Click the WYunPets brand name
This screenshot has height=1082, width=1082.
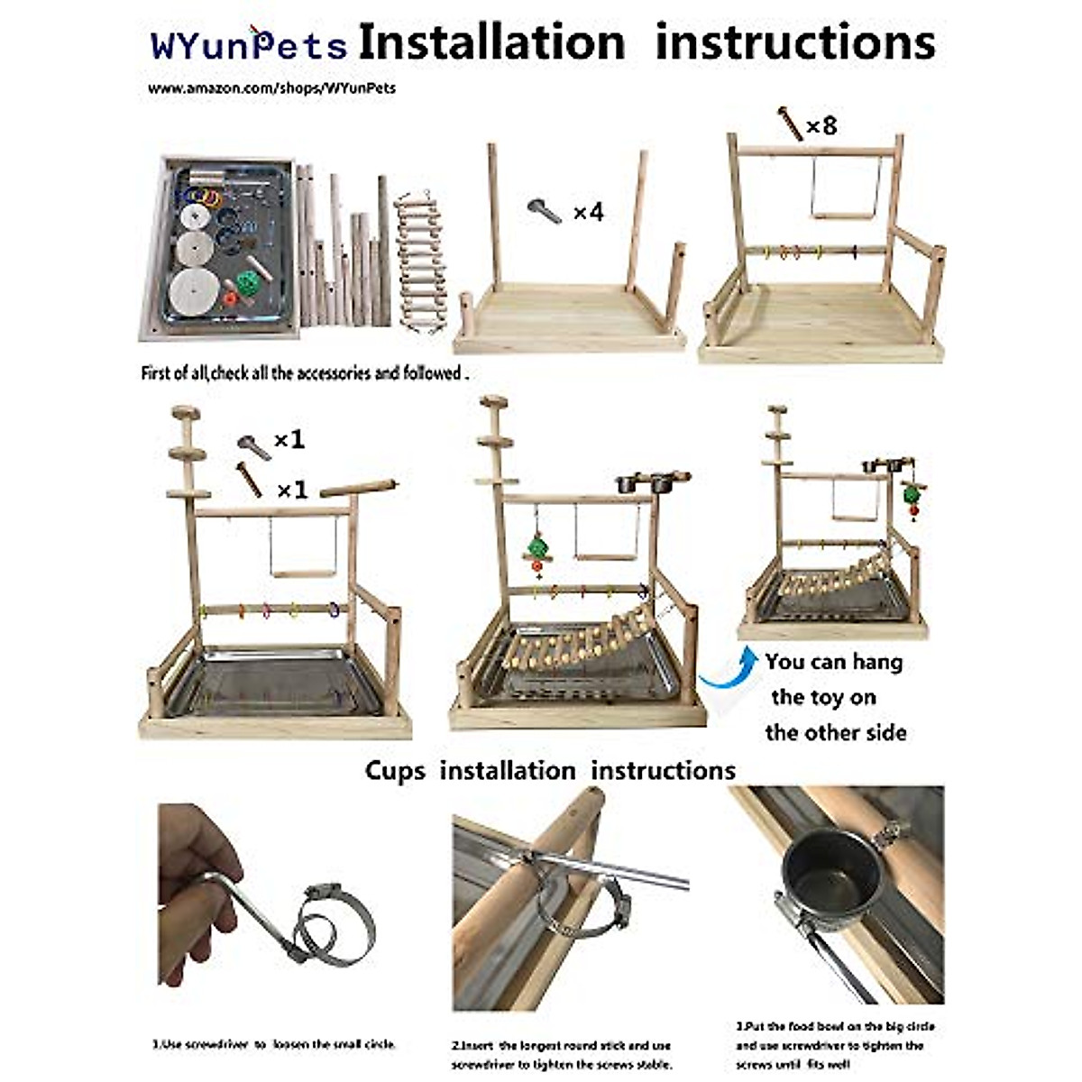point(249,45)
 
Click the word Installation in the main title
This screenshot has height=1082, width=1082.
point(491,42)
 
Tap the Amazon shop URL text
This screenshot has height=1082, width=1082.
point(271,88)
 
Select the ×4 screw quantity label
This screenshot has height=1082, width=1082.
point(588,213)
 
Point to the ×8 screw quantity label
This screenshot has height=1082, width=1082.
point(821,125)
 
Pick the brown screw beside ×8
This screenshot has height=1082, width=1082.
point(790,124)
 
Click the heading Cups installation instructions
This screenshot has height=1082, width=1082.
point(550,771)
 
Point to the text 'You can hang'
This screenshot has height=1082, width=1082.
point(833,662)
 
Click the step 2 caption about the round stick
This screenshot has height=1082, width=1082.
point(562,1055)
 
